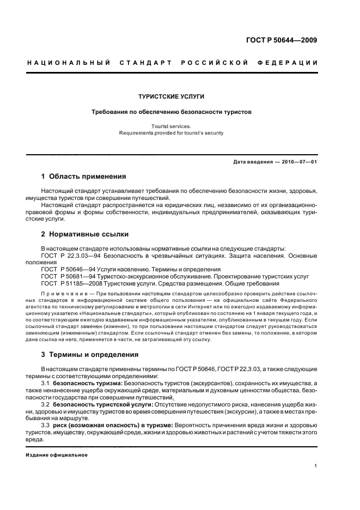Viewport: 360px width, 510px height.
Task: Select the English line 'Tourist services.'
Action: [171, 125]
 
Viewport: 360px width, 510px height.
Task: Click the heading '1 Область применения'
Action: [84, 177]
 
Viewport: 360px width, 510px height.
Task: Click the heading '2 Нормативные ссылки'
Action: [85, 234]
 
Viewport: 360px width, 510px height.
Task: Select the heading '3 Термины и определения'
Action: [90, 355]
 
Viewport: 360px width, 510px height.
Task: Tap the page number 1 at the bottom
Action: [315, 466]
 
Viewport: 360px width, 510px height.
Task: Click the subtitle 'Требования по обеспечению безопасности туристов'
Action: [171, 112]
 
